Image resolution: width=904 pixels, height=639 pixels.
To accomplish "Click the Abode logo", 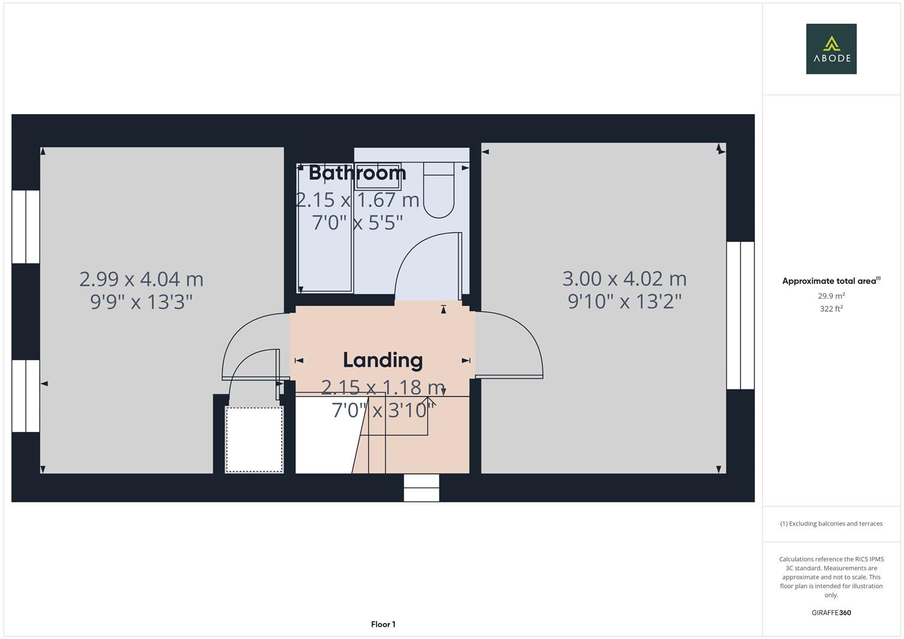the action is (831, 49).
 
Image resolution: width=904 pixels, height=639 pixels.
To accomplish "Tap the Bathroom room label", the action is (357, 173).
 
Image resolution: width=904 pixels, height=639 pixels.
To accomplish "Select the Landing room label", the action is (383, 360).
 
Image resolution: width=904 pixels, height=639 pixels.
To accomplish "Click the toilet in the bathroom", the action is (439, 190).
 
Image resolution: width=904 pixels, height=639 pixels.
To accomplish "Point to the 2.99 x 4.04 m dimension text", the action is (141, 279).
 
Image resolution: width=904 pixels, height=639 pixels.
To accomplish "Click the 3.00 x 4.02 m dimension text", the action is (625, 279).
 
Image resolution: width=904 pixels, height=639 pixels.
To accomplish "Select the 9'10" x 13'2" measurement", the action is (625, 301).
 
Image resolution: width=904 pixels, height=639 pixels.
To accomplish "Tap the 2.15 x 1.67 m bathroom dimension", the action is (358, 200).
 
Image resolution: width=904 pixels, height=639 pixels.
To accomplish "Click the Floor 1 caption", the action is (383, 624).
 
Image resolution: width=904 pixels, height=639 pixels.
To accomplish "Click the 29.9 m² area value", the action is (831, 296).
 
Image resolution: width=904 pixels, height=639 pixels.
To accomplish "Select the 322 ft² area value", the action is (831, 309).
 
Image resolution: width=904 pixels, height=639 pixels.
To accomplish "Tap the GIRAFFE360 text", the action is (831, 612).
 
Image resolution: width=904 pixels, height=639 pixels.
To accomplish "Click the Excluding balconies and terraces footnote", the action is (831, 524).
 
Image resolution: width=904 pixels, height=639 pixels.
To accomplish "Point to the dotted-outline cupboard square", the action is (254, 439).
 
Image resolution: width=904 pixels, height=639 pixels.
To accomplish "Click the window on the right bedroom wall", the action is (741, 315).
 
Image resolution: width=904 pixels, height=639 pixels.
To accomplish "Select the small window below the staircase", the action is (422, 488).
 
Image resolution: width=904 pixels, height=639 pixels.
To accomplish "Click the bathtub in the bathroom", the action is (325, 228).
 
